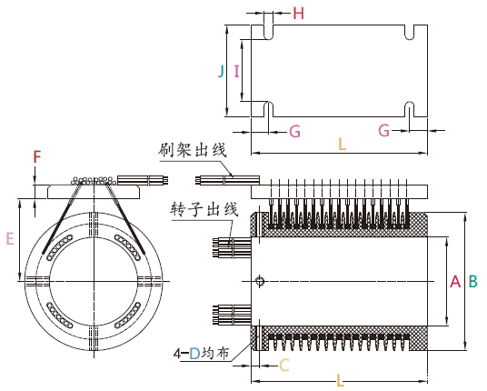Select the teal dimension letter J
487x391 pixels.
pos(221,71)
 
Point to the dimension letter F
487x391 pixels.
pos(36,156)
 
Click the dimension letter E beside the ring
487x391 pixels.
pos(10,238)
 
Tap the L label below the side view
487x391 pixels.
pos(340,381)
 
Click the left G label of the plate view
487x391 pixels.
pos(294,131)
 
